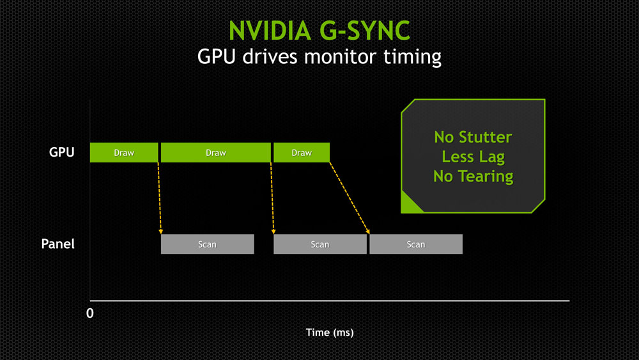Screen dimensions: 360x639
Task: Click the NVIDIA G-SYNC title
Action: point(319,30)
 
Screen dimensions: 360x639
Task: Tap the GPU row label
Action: point(62,153)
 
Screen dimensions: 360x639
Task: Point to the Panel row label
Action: point(58,244)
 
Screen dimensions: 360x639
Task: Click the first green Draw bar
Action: point(123,153)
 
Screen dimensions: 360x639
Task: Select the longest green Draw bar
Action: point(215,153)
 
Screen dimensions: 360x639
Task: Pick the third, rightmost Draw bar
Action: point(301,153)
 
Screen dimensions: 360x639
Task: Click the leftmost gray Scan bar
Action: point(207,244)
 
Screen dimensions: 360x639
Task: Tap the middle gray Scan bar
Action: point(319,244)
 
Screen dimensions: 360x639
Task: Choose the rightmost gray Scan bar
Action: point(415,244)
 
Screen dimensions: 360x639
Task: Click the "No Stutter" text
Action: point(473,137)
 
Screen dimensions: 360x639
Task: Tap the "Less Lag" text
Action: point(473,157)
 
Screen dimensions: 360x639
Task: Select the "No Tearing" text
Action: point(473,176)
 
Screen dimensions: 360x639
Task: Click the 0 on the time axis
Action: point(90,314)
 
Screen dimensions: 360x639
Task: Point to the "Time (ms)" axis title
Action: point(329,333)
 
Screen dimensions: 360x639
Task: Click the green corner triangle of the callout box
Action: point(409,205)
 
